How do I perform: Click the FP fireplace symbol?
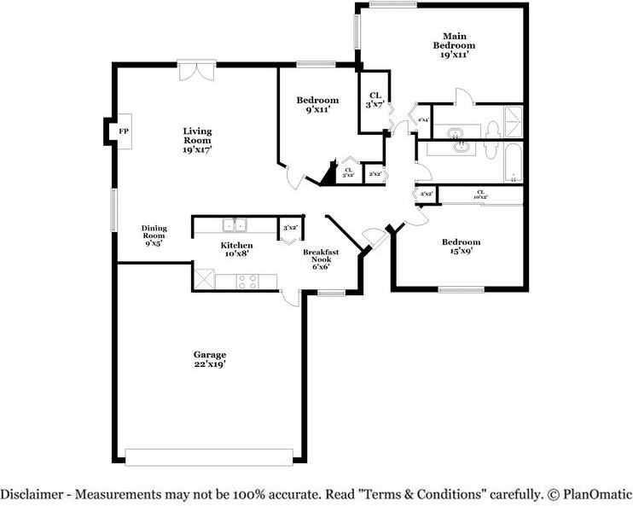coord(123,131)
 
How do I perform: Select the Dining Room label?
coord(154,236)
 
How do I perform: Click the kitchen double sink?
coord(234,225)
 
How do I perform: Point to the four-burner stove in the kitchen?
coord(247,280)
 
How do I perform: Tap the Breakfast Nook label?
coord(321,259)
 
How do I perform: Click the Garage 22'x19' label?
coord(209,359)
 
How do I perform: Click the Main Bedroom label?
coord(453,44)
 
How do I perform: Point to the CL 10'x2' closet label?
coord(480,195)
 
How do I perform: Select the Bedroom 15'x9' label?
coord(460,247)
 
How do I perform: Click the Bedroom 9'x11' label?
coord(316,104)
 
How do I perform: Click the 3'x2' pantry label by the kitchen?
coord(290,228)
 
